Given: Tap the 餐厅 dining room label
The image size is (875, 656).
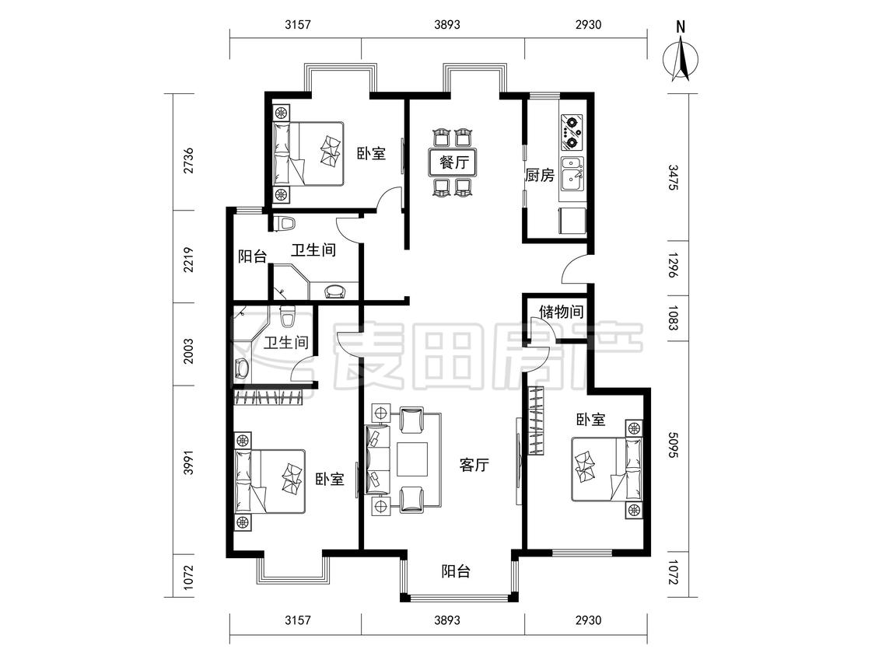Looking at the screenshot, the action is click(453, 162).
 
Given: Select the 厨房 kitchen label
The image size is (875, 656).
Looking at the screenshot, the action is click(540, 175).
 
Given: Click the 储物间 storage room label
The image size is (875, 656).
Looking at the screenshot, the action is click(561, 311).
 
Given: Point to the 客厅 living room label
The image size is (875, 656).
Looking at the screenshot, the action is click(474, 465).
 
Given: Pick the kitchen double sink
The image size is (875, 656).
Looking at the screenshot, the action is click(572, 173).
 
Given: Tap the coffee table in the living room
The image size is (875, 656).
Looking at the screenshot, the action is click(411, 459).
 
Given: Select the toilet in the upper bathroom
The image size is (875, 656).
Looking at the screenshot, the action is click(286, 223).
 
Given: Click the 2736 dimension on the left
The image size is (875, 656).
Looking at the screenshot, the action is click(189, 160).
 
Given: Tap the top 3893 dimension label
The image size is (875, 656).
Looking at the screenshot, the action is click(447, 24).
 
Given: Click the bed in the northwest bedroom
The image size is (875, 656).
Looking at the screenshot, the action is click(308, 153).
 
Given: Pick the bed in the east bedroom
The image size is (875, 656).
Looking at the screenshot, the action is click(607, 469).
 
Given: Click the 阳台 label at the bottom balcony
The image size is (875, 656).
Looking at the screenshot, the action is click(456, 571).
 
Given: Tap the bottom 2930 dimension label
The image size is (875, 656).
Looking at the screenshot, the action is click(588, 619).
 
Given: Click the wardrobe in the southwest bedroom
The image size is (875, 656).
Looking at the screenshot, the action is click(268, 398).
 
